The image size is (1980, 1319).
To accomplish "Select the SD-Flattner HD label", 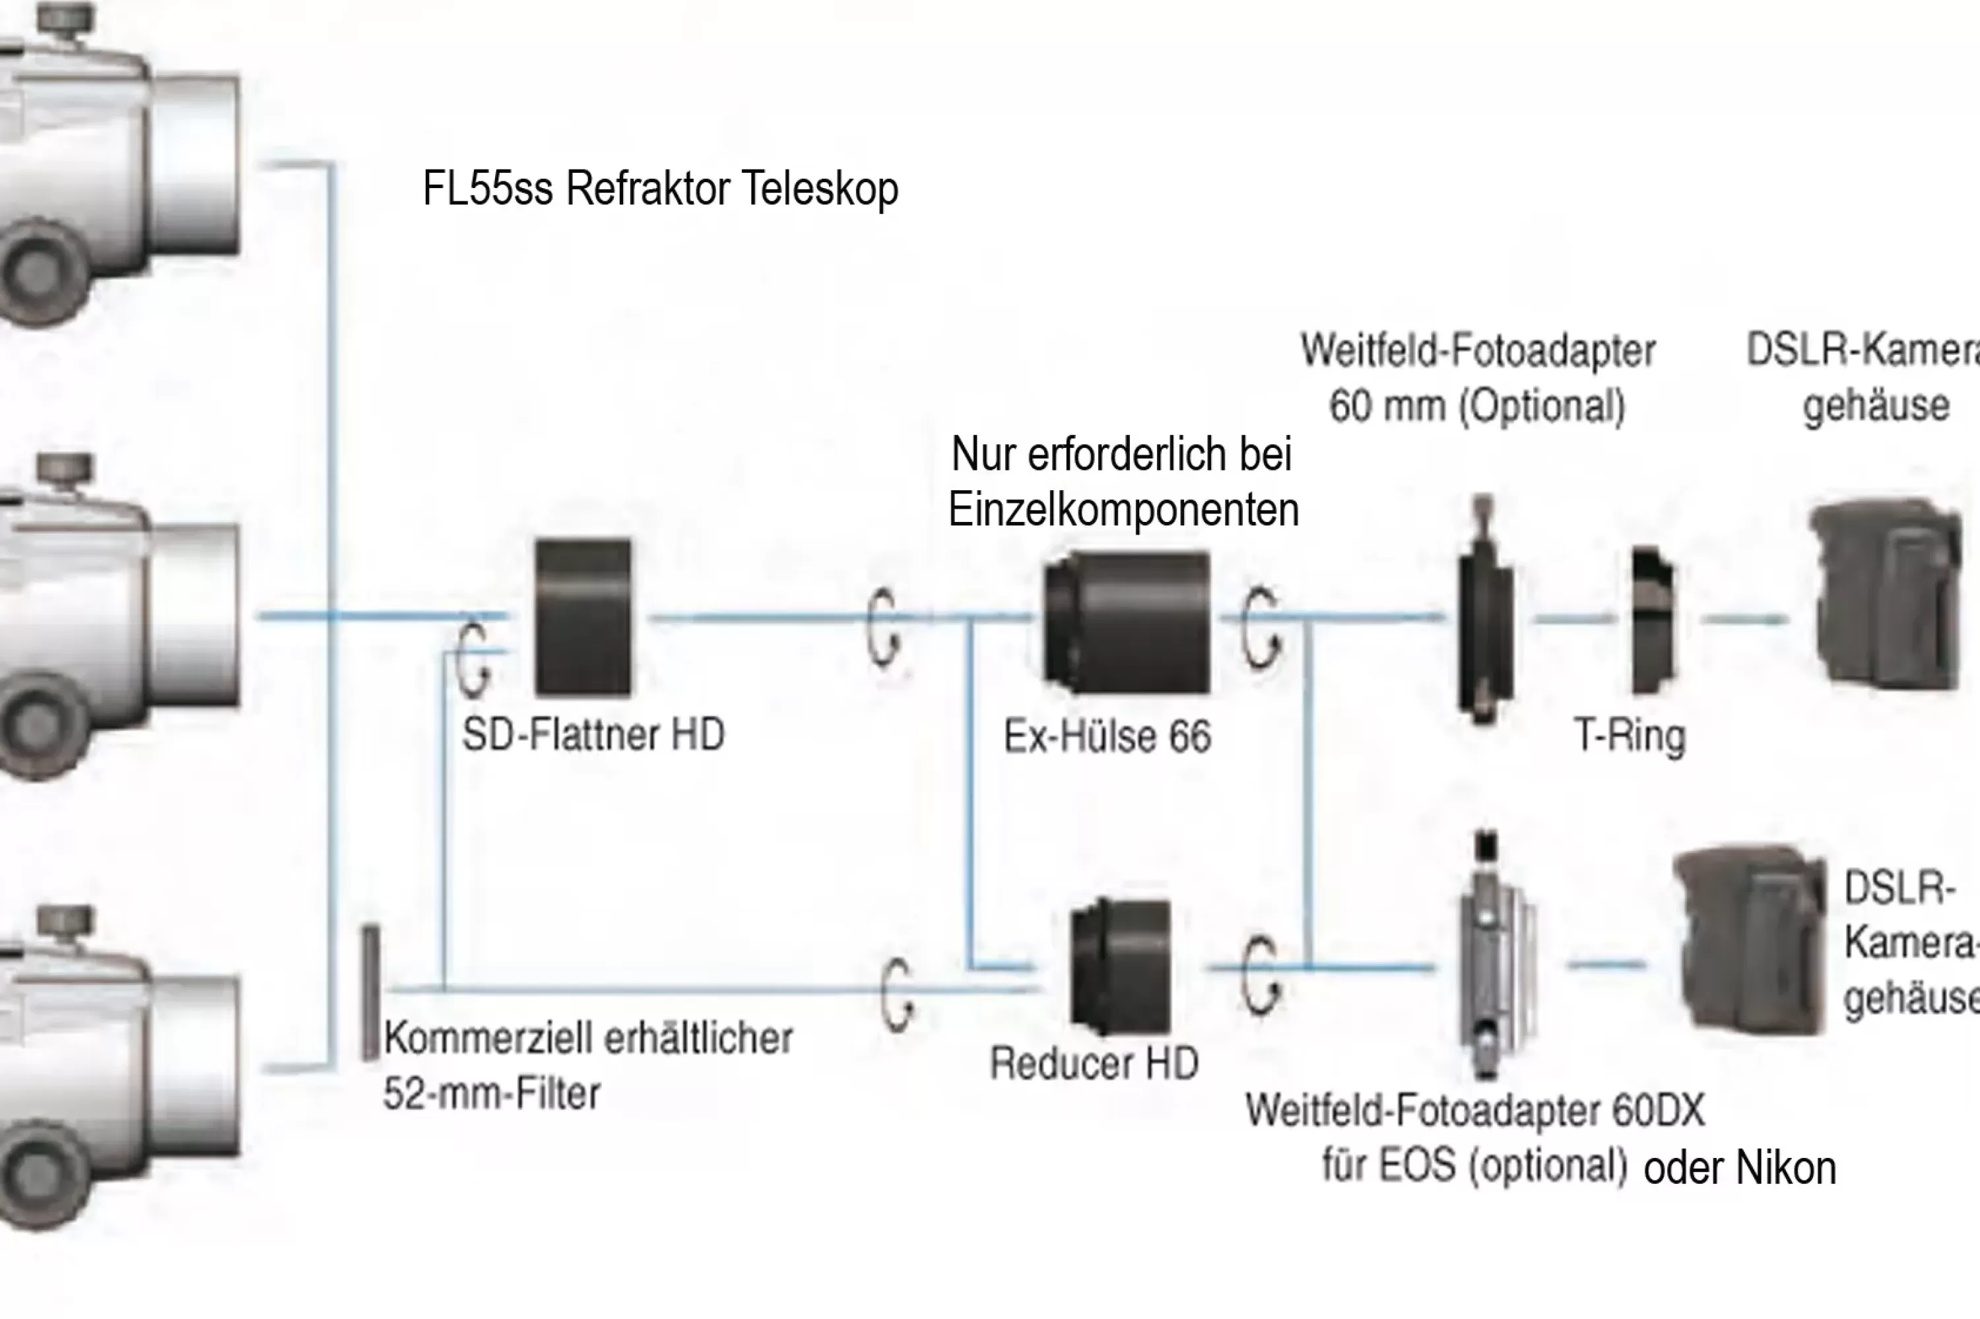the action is [593, 734].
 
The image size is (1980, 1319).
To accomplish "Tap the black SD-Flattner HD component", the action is [583, 618].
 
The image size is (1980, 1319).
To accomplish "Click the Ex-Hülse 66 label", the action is [1107, 737].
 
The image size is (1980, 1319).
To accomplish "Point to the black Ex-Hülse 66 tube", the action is [1127, 622].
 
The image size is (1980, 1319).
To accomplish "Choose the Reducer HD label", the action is [1094, 1063].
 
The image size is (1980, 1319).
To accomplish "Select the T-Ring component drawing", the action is [1652, 620].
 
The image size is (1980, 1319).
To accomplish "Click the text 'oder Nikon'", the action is [1739, 1169].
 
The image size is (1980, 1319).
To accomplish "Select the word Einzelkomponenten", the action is [1123, 510].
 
